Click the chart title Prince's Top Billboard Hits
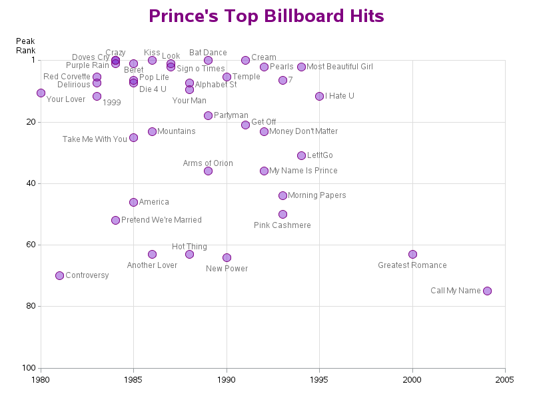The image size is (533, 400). point(266,16)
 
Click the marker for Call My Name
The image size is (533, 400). point(487,291)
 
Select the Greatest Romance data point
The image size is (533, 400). point(412,254)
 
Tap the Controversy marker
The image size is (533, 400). point(59,275)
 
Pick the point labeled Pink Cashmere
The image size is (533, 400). point(282,214)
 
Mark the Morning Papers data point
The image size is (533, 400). point(282,195)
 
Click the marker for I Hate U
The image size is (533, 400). point(319,96)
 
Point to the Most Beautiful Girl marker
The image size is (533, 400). point(301,67)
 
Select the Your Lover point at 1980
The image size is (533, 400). point(41,93)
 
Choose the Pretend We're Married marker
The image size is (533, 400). point(115,220)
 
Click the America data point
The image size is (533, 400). point(133,202)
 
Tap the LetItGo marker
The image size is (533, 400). point(301,155)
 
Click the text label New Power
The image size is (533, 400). point(227,269)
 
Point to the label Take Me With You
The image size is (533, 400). point(95,139)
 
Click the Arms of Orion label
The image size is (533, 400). point(208,163)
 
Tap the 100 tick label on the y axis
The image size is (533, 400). point(29,368)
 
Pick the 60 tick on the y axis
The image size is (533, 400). point(31,245)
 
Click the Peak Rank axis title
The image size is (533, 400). point(25,46)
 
